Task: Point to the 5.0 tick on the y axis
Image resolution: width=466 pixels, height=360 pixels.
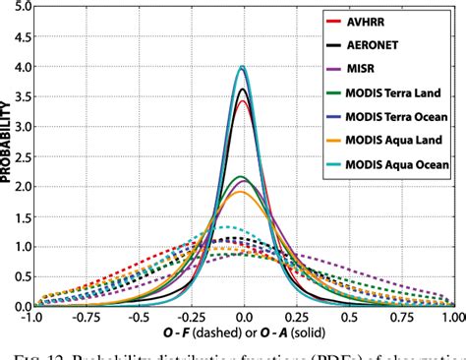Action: [23, 6]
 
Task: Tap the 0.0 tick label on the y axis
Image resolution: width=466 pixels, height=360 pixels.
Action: [23, 307]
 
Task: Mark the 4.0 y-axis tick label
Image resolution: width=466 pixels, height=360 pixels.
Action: [23, 66]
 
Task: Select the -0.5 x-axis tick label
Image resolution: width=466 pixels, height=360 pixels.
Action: [139, 319]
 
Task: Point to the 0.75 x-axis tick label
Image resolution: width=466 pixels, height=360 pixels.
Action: [400, 319]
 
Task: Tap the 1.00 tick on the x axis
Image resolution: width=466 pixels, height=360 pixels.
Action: [452, 319]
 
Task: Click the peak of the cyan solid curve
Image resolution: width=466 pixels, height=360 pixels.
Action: [243, 67]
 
